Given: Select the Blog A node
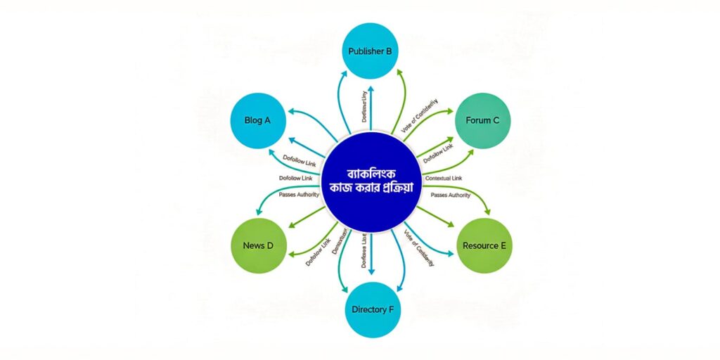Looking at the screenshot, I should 258,120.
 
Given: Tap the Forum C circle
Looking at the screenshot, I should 482,120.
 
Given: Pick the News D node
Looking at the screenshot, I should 258,245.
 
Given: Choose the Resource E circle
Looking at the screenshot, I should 484,245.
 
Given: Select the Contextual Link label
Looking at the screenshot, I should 444,179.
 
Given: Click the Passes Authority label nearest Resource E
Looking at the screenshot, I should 450,195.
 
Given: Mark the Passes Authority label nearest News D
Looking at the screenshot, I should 298,193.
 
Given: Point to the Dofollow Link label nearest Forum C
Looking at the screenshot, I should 438,153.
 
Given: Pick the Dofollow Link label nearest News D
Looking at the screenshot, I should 318,252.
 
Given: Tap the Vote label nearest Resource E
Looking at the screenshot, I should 419,248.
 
